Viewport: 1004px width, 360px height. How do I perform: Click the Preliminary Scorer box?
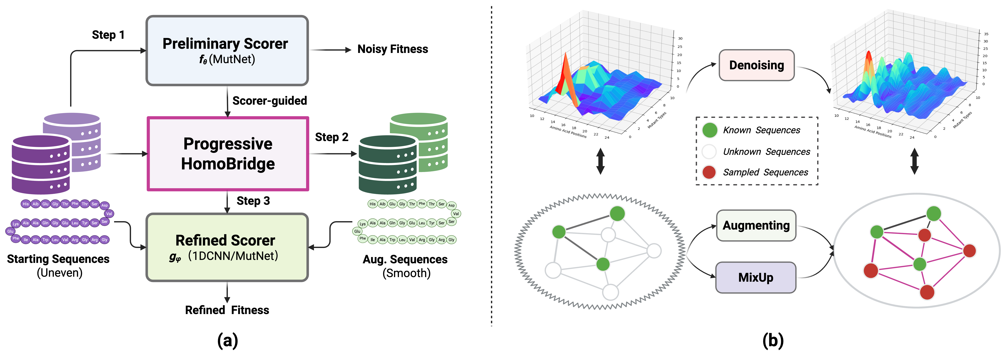227,51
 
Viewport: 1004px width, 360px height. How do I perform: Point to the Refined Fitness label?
227,310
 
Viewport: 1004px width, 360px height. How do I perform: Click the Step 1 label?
108,35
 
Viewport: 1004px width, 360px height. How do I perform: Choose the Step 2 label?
331,137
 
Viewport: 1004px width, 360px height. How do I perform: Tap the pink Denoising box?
756,65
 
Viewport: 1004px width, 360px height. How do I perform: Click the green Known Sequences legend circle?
709,130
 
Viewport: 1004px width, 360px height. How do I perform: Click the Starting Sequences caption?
59,259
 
